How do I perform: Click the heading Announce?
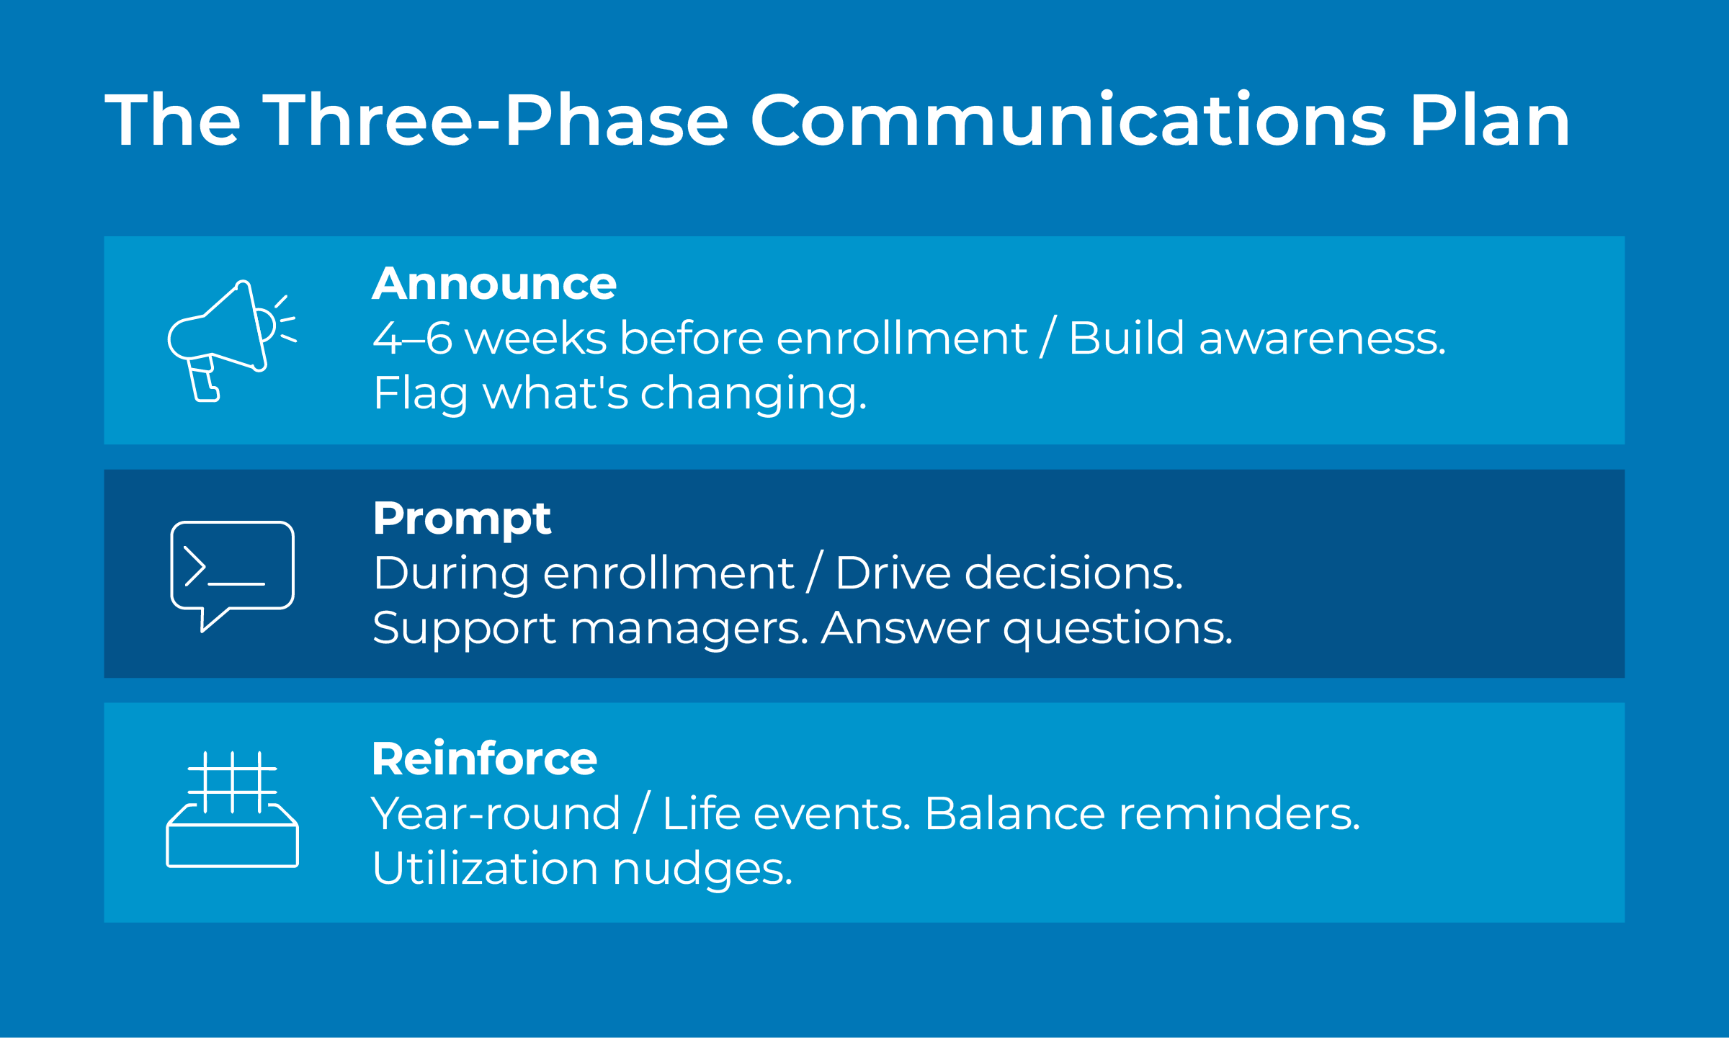tap(494, 284)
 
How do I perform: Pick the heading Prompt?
tap(462, 519)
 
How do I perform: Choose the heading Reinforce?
tap(484, 759)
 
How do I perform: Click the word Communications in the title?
tap(1068, 120)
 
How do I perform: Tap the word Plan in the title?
tap(1489, 120)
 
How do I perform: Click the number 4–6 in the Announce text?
tap(413, 338)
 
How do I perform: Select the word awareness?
tap(1322, 338)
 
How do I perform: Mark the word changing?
tap(753, 394)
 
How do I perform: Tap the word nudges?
tap(702, 869)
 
